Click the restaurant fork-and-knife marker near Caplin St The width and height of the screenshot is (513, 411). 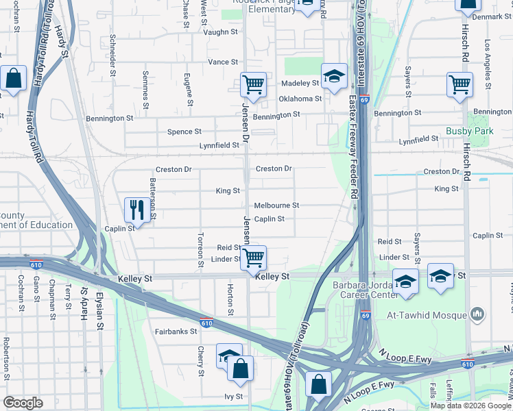pos(135,210)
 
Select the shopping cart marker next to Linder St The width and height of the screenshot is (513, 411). pos(254,258)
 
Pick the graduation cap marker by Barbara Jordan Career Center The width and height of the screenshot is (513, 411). pos(406,282)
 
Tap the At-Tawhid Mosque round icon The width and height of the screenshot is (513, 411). pos(478,315)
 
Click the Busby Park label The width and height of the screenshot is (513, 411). pos(469,131)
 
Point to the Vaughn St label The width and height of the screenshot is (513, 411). pos(221,32)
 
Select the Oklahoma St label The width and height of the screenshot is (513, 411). pos(300,99)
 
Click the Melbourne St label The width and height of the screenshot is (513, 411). pos(276,206)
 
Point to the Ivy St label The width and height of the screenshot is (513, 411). pos(234,397)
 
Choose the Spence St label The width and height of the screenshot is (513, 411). pos(185,132)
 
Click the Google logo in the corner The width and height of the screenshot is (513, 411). pos(23,403)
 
